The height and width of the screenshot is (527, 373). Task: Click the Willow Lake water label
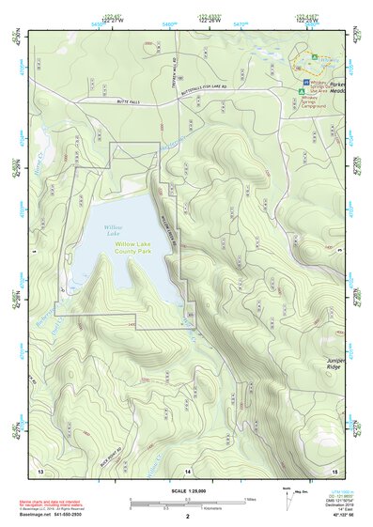point(112,230)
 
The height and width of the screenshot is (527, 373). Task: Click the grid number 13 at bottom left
point(40,469)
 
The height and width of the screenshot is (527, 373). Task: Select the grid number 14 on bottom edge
point(188,469)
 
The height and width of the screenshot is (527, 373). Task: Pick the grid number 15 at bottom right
point(334,469)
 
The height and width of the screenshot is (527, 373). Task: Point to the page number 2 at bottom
point(187,517)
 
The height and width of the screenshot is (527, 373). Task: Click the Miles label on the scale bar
point(249,498)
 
